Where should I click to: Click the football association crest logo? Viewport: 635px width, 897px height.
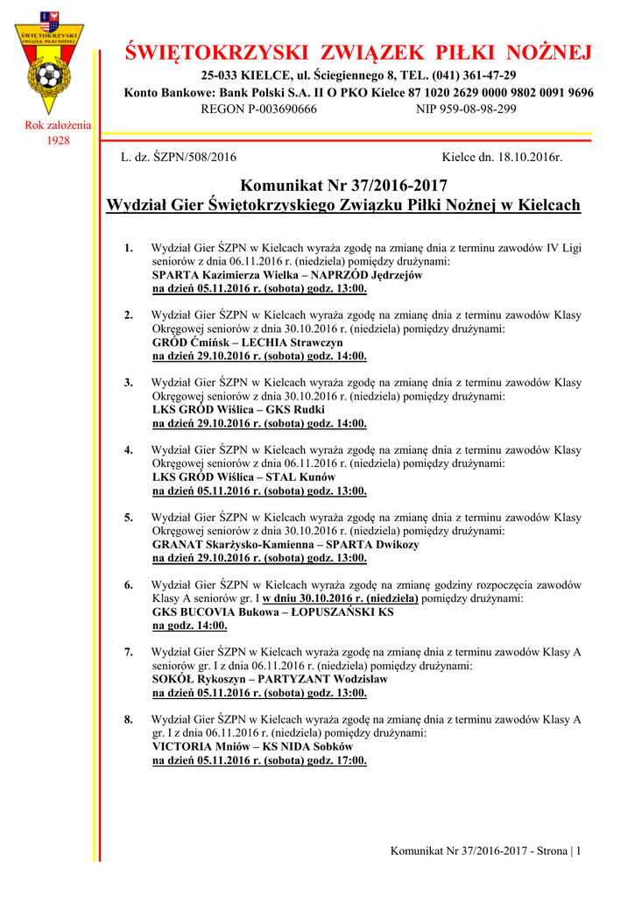(52, 62)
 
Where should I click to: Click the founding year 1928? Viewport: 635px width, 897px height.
(59, 140)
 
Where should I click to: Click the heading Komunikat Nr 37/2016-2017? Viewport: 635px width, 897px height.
(343, 186)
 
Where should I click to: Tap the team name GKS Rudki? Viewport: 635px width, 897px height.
(295, 410)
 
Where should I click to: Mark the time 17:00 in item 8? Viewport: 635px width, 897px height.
(349, 760)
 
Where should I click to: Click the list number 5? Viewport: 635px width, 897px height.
(129, 517)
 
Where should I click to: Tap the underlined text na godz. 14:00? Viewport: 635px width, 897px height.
(190, 625)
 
